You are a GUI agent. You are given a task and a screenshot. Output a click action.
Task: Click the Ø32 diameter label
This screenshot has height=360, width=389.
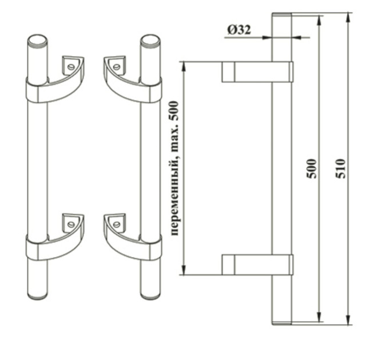[x=239, y=30]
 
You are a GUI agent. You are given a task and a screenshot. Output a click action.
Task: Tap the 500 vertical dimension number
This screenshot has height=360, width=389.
[x=312, y=169]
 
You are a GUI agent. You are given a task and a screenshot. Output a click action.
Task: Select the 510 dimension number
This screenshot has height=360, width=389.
[x=340, y=169]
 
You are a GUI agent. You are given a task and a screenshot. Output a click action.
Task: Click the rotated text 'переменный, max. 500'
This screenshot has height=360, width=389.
[x=174, y=168]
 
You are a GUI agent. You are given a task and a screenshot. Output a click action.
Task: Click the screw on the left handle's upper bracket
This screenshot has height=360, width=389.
[x=71, y=67]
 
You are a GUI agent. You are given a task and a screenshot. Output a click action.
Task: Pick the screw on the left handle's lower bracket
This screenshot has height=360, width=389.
[x=71, y=225]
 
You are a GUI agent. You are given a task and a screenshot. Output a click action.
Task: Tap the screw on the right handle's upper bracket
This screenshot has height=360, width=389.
[x=116, y=67]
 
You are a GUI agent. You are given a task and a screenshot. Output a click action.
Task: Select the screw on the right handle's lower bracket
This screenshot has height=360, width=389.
[x=116, y=225]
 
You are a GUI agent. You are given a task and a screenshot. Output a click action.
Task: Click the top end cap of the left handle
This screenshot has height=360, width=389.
[x=37, y=39]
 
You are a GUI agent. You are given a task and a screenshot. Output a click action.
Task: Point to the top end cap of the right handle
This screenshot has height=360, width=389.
[x=150, y=39]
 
